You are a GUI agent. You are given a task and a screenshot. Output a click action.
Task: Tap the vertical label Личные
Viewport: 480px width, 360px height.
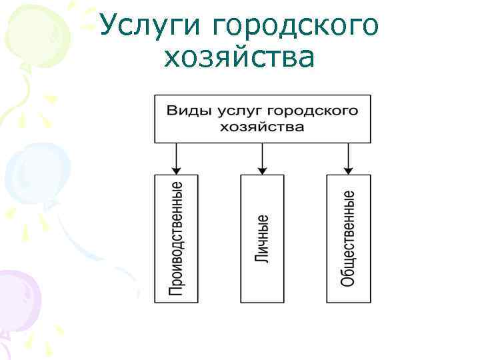tap(262, 238)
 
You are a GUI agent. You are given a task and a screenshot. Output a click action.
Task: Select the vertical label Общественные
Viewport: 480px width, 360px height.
tap(348, 238)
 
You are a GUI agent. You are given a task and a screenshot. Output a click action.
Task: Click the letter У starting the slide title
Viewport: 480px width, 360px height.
tap(109, 26)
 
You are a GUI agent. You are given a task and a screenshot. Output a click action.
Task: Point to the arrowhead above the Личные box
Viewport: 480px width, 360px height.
tap(262, 169)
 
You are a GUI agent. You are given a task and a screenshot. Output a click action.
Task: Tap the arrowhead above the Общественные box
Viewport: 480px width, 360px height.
tap(348, 169)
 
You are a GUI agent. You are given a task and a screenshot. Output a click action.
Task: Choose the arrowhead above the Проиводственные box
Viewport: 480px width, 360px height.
tap(176, 169)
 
